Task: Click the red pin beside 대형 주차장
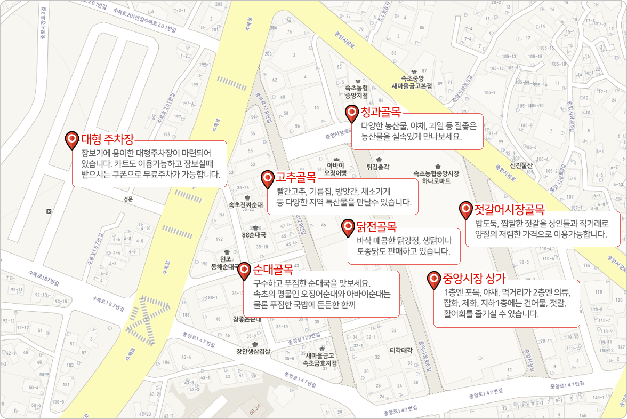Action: (x=72, y=140)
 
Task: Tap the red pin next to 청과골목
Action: (x=352, y=113)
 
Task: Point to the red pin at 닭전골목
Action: (x=348, y=227)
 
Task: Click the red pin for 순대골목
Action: (x=244, y=270)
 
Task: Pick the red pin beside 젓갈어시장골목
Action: (x=466, y=210)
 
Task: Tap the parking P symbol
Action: (x=50, y=211)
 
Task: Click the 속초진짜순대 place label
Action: (x=246, y=204)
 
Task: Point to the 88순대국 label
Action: (x=254, y=234)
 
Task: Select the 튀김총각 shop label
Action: (x=378, y=167)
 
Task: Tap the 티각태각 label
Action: (x=401, y=350)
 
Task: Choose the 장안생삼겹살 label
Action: (x=254, y=351)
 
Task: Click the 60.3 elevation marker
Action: (x=254, y=409)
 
